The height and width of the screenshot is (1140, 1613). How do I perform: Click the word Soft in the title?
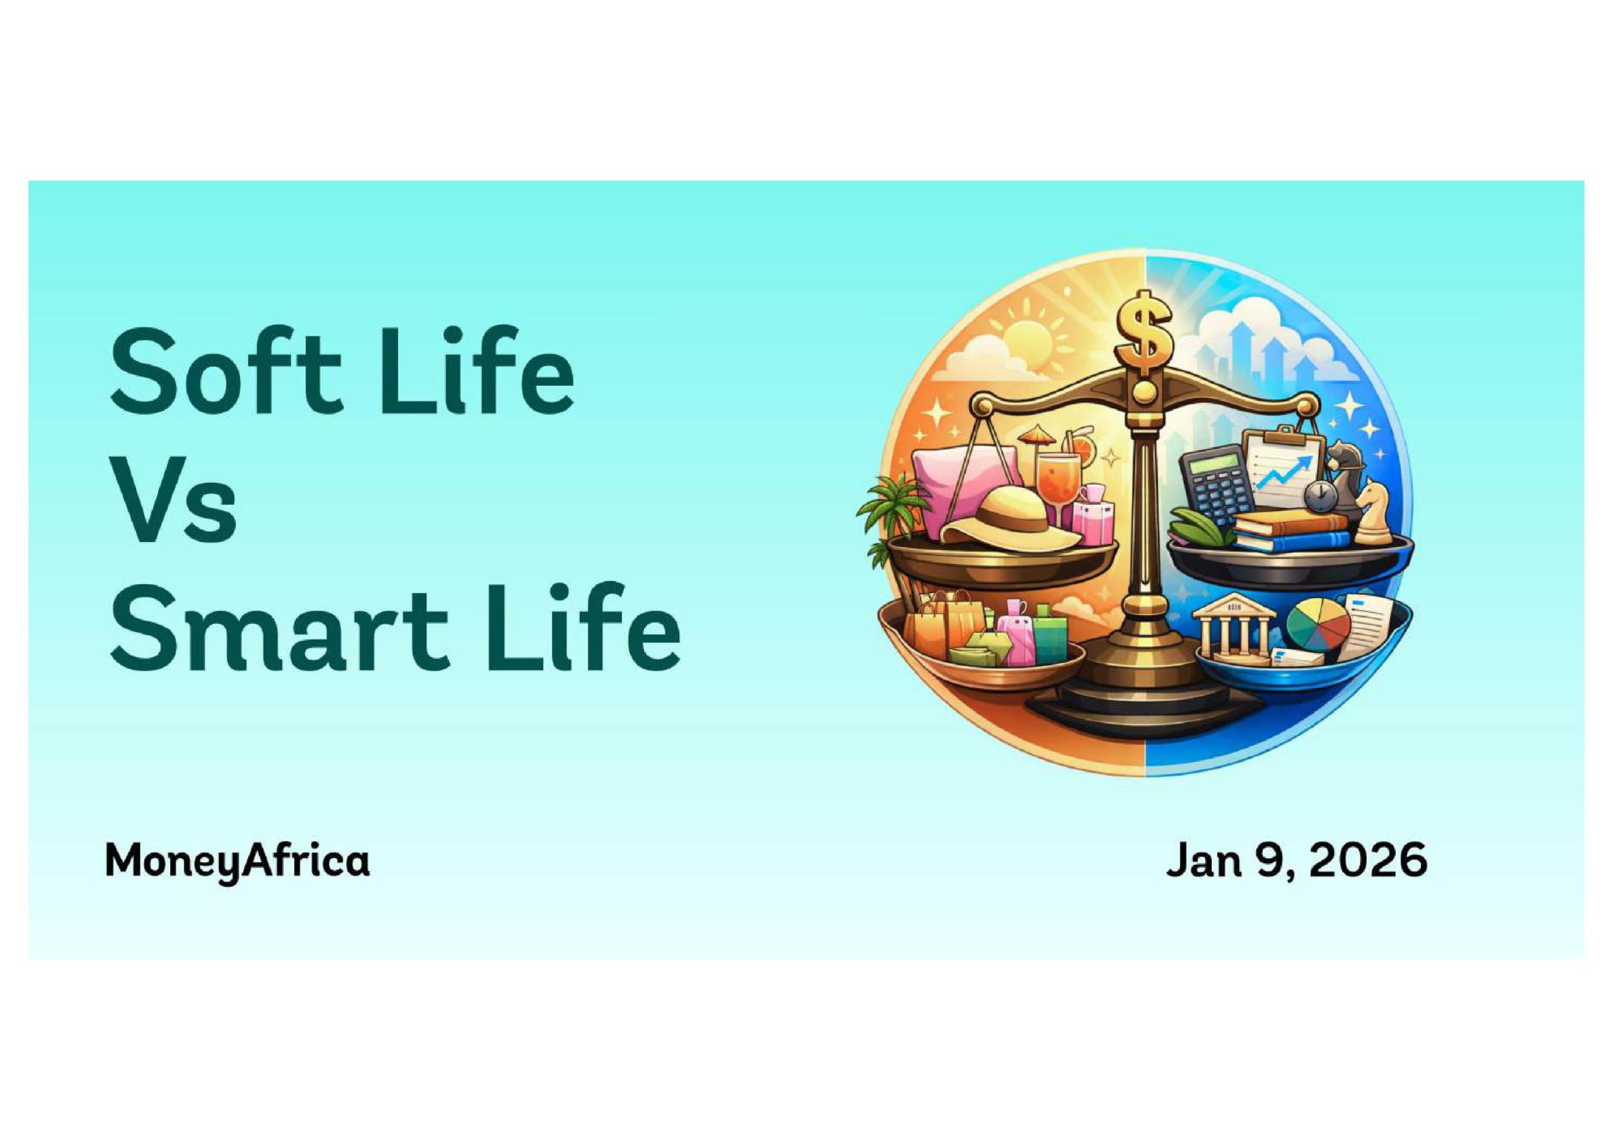coord(226,372)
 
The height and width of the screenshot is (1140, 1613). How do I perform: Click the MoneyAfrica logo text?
coord(238,861)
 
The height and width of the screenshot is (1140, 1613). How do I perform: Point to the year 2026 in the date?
coord(1369,860)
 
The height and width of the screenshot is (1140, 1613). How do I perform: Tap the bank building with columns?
coord(1238,630)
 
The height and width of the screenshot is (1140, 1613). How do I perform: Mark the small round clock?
coord(1317,496)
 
